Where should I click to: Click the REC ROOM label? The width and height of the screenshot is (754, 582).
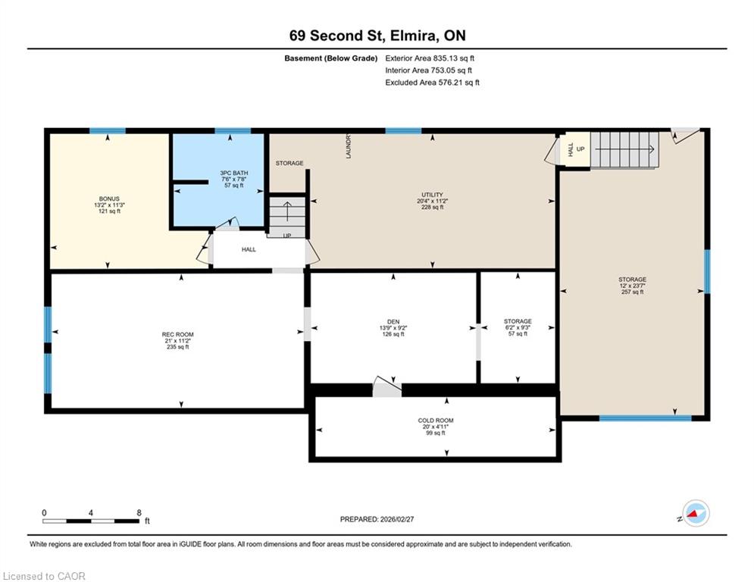(177, 334)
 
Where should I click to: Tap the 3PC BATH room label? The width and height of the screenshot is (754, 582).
(233, 173)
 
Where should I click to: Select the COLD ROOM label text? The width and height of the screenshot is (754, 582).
(436, 421)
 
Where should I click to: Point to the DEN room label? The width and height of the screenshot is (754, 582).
(393, 322)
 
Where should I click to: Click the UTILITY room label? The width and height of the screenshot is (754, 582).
(432, 195)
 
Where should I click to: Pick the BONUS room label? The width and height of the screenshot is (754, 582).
(109, 199)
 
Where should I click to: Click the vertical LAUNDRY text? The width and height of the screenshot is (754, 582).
(349, 146)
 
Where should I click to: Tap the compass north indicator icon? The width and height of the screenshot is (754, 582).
(696, 513)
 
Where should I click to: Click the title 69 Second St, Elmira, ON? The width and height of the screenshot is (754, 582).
(377, 36)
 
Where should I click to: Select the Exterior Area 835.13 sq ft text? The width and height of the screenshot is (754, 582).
(430, 58)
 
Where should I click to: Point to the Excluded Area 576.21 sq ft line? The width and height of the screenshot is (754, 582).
(432, 83)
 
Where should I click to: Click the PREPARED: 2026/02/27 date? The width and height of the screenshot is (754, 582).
(377, 519)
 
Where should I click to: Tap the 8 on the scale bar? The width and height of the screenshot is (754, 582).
(139, 513)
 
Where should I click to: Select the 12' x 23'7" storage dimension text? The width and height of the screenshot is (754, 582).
(632, 286)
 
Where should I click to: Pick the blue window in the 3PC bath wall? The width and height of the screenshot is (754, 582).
(233, 131)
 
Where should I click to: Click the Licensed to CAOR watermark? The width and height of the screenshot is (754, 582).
(44, 576)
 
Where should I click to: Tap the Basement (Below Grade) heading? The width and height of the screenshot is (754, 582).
(331, 58)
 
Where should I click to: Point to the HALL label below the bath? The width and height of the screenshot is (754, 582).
(249, 249)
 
